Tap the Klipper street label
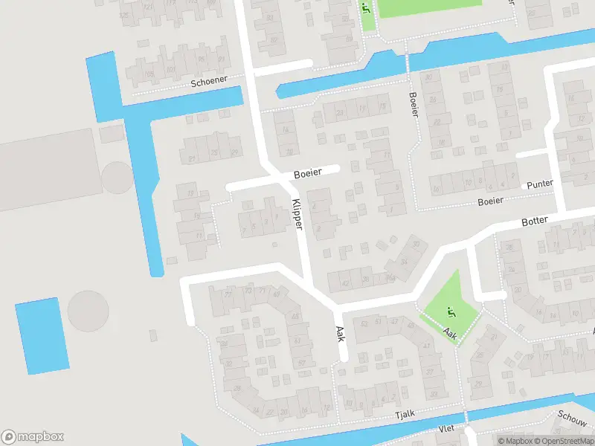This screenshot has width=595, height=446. (x=297, y=214)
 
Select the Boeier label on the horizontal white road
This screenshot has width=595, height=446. (x=306, y=172)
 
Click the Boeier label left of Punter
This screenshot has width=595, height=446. (x=491, y=201)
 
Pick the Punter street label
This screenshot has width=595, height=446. (x=540, y=184)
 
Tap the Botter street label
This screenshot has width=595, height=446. (x=535, y=221)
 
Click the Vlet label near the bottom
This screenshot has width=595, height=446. (x=446, y=429)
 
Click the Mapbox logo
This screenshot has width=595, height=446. (x=33, y=437)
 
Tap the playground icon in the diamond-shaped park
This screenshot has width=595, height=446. (x=448, y=311)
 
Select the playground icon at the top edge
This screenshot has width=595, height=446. (x=365, y=8)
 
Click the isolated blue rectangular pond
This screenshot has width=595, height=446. (x=42, y=335)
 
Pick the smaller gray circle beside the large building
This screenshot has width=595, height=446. (x=117, y=178)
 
